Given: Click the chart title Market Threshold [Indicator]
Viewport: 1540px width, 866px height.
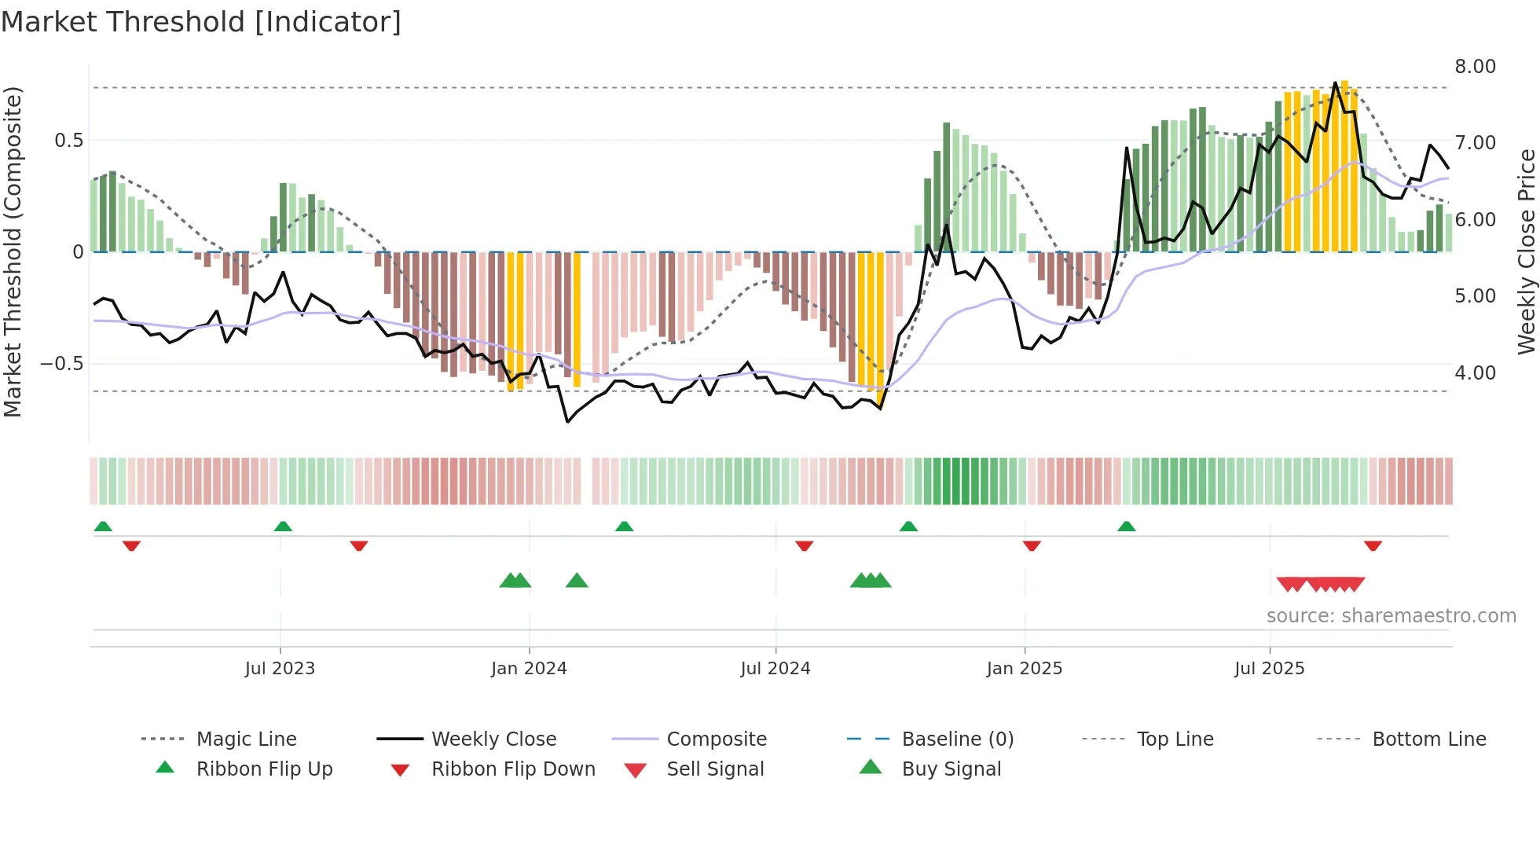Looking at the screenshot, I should click(201, 22).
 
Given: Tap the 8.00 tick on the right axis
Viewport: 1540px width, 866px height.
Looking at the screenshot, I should click(1475, 67).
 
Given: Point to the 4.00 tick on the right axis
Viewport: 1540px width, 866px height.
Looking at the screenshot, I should click(1475, 373).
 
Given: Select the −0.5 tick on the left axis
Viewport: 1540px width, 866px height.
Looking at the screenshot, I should click(61, 364).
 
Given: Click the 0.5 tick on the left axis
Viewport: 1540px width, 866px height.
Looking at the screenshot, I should click(68, 141).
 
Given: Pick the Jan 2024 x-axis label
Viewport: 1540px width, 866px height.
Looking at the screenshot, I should click(529, 669).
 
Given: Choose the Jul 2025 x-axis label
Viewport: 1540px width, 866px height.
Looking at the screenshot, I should click(1269, 669).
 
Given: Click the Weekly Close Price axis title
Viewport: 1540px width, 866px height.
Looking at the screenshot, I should click(1526, 251).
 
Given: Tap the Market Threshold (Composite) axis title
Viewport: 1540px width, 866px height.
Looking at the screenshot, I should click(13, 251).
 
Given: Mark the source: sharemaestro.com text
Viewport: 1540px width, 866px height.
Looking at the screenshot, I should click(1391, 616).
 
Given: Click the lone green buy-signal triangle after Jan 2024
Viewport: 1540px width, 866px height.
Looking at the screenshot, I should click(577, 581).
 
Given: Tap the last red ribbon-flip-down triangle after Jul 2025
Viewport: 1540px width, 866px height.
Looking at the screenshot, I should click(1373, 545).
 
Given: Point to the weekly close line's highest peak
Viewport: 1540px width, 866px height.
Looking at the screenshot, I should click(1335, 83).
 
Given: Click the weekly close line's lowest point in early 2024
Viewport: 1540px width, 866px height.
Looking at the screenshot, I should click(567, 422).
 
